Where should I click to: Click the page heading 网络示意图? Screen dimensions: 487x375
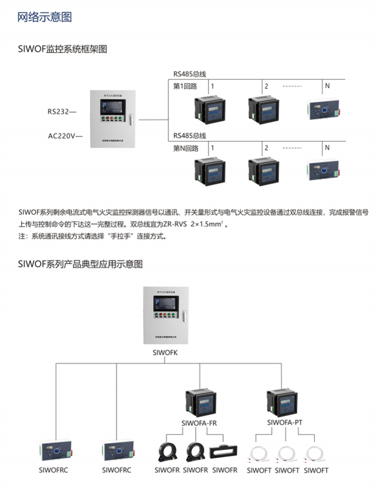click(x=46, y=17)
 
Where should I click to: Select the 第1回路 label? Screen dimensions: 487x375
click(x=185, y=86)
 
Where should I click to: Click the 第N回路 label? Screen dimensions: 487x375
click(x=186, y=148)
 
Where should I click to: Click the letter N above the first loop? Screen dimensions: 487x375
click(x=327, y=85)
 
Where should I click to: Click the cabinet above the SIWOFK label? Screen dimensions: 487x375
click(x=163, y=316)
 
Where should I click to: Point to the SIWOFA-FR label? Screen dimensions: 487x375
click(x=198, y=422)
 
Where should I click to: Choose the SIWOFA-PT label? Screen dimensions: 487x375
click(x=286, y=421)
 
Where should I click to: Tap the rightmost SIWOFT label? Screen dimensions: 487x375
click(x=315, y=471)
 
